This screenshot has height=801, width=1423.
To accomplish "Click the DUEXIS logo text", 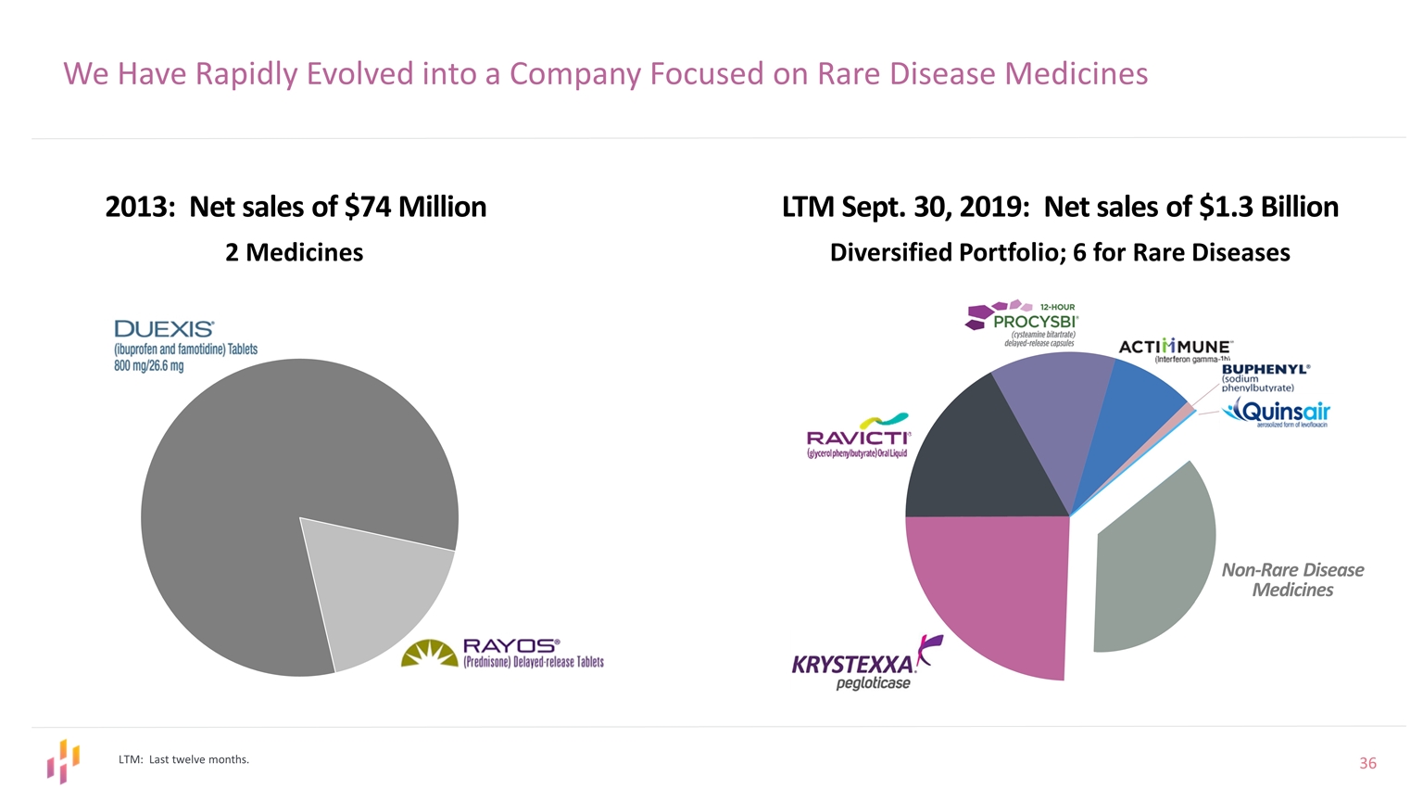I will click(164, 329).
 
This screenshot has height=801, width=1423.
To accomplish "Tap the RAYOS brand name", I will click(510, 645).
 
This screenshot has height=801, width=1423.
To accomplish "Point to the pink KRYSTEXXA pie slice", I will click(982, 593).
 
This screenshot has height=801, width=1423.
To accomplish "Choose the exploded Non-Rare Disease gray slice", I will click(1153, 566).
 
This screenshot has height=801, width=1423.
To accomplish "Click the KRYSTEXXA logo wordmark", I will click(852, 665).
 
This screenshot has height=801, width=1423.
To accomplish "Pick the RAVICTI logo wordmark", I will click(858, 438).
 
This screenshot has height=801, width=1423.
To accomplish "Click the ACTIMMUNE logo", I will click(1176, 347).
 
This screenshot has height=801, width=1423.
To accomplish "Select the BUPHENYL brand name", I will click(1266, 368).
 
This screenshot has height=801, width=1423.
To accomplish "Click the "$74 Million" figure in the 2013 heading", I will click(415, 206).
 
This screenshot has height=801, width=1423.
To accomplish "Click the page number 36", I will click(1367, 763).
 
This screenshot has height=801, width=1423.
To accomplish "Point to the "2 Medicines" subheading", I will click(295, 252).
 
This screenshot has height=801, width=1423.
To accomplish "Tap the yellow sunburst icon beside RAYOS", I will click(430, 654).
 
